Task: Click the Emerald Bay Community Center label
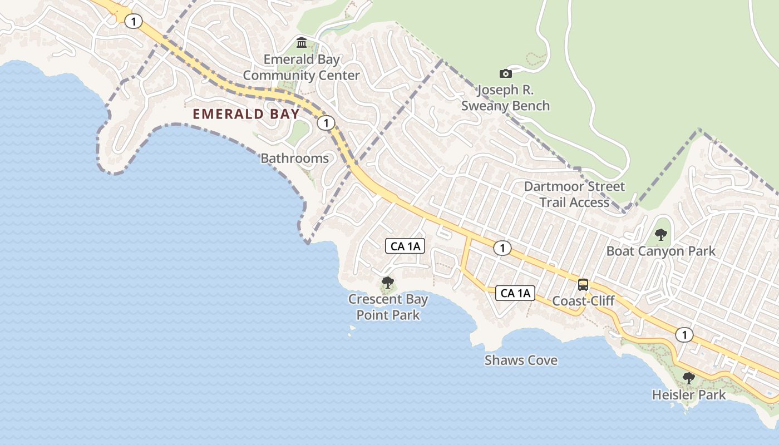(301, 67)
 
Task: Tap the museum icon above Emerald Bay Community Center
(302, 42)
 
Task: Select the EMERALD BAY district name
(246, 114)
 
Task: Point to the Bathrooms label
(295, 159)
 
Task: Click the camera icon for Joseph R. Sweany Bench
(505, 73)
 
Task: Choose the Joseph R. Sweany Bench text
(505, 98)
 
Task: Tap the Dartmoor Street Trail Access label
(574, 194)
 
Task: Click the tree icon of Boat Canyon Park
(660, 234)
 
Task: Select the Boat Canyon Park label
(660, 251)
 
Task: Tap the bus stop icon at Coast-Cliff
(583, 285)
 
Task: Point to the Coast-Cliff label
(583, 301)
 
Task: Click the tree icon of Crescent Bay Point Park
(388, 283)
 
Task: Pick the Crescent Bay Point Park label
(388, 307)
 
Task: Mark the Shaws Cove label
(521, 360)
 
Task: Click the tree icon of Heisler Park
(688, 378)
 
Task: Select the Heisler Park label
(688, 395)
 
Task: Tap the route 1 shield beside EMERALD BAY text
(326, 123)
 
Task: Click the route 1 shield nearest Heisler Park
(684, 335)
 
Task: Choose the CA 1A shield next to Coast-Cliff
(515, 293)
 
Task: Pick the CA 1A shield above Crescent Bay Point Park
(405, 246)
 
